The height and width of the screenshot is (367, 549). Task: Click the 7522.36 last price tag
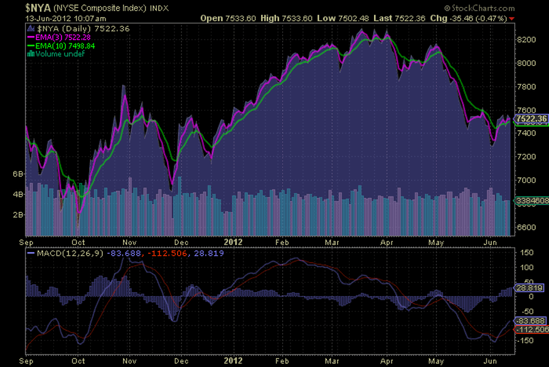coord(531,119)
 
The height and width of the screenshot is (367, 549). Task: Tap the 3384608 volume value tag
coord(532,200)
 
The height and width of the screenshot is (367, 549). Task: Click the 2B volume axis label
coord(18,214)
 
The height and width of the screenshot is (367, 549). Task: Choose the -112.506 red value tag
coord(531,329)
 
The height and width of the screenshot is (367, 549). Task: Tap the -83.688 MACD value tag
coord(528,320)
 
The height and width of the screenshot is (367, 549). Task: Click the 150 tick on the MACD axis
coord(526,253)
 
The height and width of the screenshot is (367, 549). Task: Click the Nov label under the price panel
coord(130,241)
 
